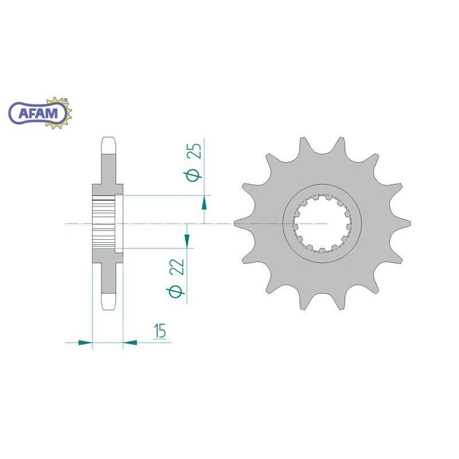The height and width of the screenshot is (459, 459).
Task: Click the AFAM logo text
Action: [x=38, y=113]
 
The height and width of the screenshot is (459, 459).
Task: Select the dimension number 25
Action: [x=195, y=151]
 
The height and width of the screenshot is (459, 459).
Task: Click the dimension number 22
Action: [x=178, y=267]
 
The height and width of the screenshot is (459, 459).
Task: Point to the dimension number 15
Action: [x=161, y=330]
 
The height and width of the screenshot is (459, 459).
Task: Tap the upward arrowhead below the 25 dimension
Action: [x=204, y=204]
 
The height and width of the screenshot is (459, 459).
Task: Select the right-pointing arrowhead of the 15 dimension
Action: [x=85, y=342]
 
